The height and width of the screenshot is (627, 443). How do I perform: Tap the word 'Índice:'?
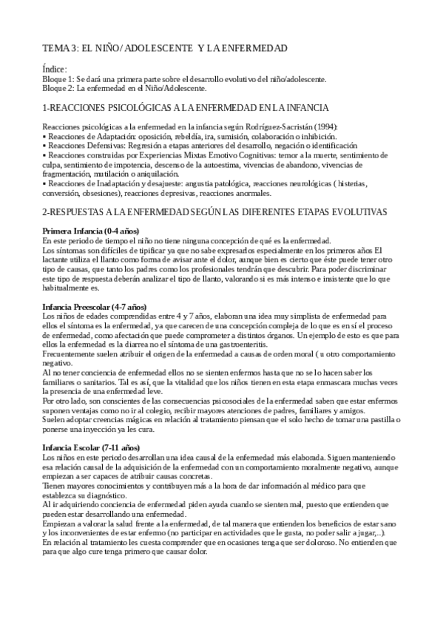tap(55, 69)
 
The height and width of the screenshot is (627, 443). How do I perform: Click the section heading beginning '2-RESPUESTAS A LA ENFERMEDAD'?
tap(214, 211)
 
